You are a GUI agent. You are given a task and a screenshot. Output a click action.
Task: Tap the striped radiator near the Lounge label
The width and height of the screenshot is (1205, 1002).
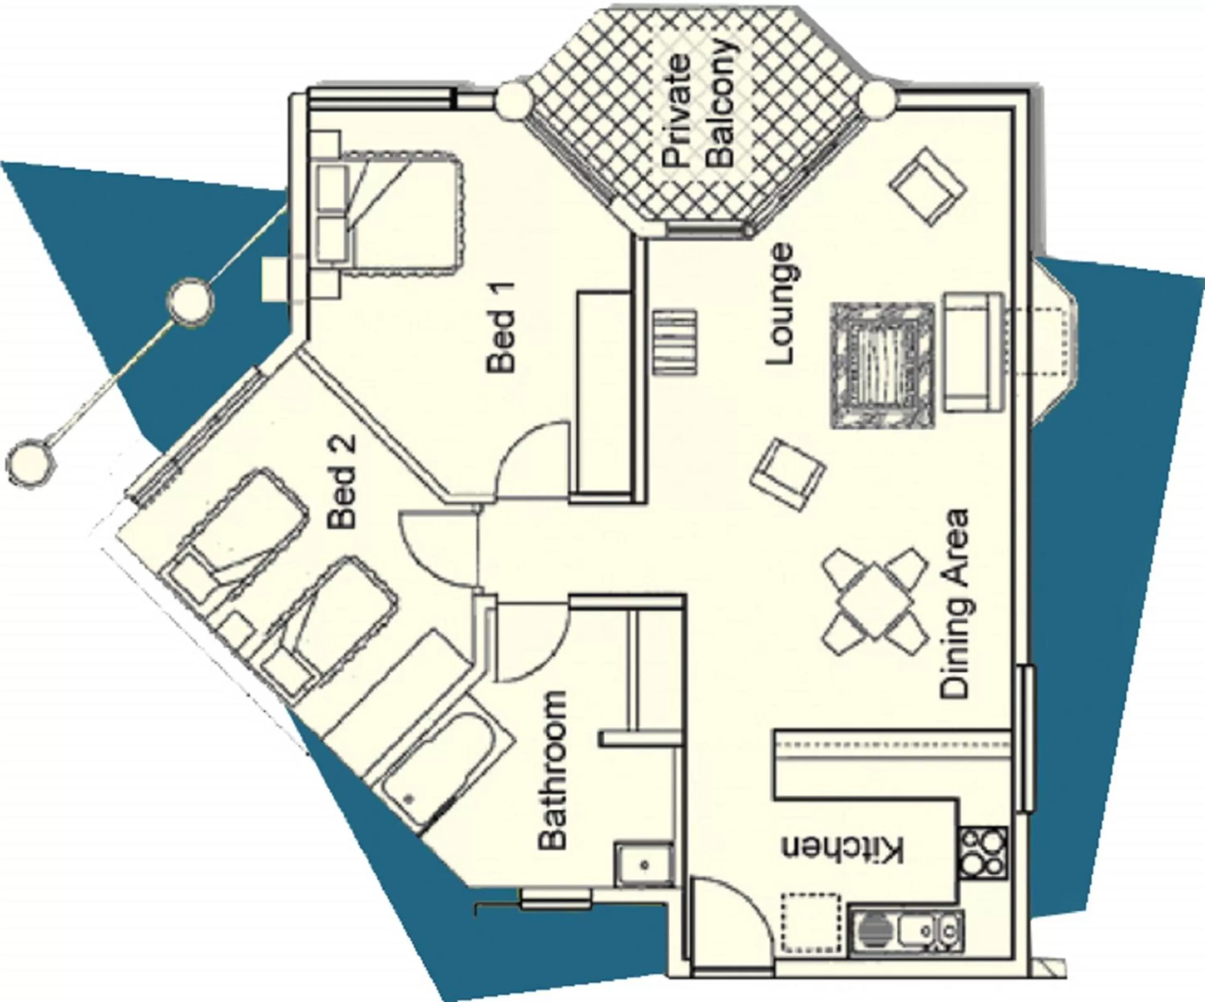676,342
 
